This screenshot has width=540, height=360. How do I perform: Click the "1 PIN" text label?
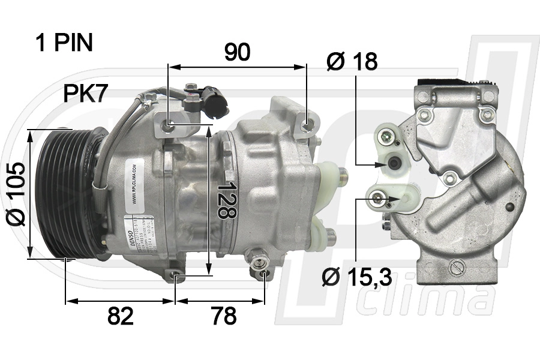pyautogui.click(x=64, y=43)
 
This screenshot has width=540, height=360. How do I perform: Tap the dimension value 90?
pyautogui.click(x=237, y=53)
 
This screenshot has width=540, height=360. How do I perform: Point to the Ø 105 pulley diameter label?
pyautogui.click(x=16, y=194)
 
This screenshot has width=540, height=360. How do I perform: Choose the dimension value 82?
pyautogui.click(x=121, y=316)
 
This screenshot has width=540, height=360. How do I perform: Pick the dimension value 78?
pyautogui.click(x=224, y=316)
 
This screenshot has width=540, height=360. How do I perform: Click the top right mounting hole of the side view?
pyautogui.click(x=308, y=125)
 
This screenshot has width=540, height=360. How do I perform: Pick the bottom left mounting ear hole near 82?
pyautogui.click(x=176, y=276)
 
